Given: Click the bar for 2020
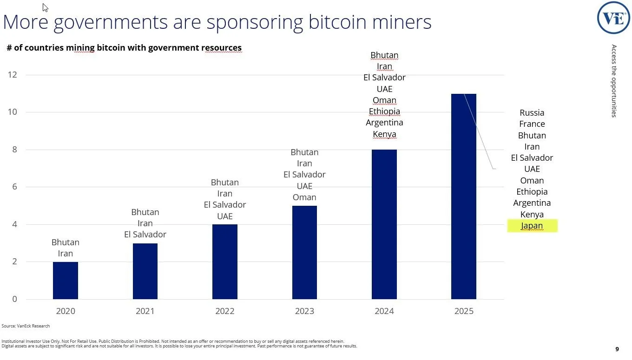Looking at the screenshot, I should [66, 281].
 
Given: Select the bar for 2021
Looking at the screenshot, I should [145, 271].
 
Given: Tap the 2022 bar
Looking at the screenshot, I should [225, 262].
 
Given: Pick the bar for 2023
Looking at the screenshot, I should [304, 253].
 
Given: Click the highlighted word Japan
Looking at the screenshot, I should [532, 226].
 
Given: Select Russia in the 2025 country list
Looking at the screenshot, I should [532, 113].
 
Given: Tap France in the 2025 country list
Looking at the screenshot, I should [532, 124].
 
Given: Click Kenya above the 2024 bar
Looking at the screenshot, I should [384, 134].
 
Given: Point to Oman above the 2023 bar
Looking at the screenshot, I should [304, 197].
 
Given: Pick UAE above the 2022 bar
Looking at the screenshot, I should [225, 216].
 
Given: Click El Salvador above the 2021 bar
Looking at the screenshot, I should [145, 235].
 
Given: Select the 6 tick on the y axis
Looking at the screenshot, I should [14, 187].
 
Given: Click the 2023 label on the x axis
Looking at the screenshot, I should [304, 311].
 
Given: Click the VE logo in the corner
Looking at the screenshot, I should [613, 18].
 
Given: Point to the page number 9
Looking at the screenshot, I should [617, 349].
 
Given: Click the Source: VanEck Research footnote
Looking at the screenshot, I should [26, 326].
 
